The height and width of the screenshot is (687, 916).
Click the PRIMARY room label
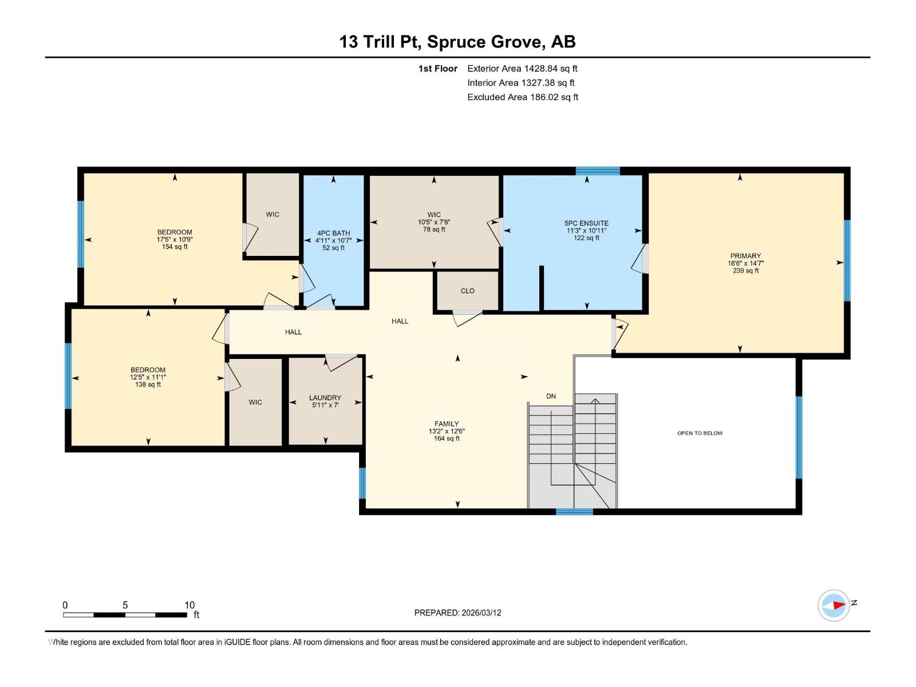coord(745,256)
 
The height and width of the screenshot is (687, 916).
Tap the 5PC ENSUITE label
coord(586,223)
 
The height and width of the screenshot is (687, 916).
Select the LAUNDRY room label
coord(325,397)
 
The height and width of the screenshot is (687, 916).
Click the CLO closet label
coord(467,291)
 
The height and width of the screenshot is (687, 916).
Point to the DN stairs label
coord(551,396)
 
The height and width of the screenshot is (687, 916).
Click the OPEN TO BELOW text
coord(700,433)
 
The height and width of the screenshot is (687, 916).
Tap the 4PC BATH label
coord(333,233)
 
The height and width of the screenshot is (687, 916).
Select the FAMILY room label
coord(447,424)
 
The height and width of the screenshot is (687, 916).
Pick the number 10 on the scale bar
coord(189,605)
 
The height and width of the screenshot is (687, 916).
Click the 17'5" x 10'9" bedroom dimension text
coord(175,239)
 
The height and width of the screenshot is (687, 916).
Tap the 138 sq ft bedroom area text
coord(148,385)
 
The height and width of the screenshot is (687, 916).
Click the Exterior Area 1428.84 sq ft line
coord(522,69)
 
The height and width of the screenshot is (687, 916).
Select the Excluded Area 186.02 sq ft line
coord(522,97)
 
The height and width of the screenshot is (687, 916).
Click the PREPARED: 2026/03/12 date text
coord(457,613)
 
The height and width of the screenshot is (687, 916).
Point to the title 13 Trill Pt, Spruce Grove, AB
coord(457,42)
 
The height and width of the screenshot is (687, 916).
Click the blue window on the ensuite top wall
coord(597,171)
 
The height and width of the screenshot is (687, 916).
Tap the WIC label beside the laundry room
coord(255,402)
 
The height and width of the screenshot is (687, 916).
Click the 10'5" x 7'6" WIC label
coord(434,222)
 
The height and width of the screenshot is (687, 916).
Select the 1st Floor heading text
coord(437,69)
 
